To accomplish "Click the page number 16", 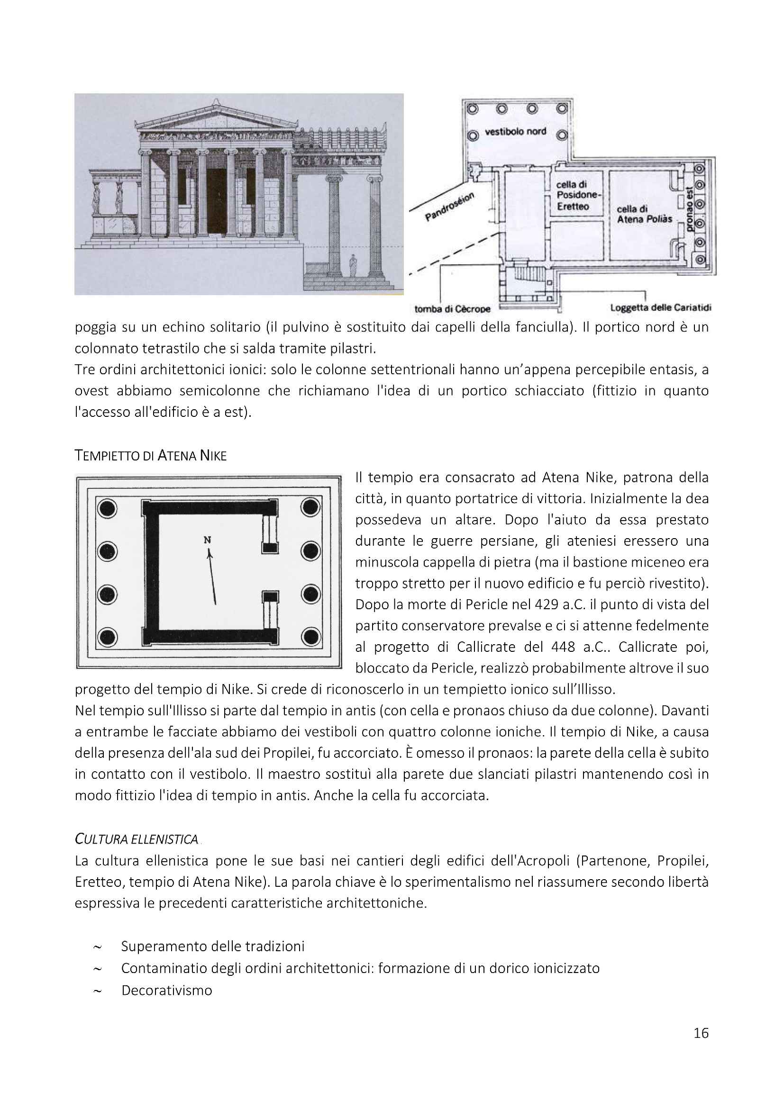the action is pyautogui.click(x=701, y=1033).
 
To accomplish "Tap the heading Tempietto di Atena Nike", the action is pyautogui.click(x=151, y=456).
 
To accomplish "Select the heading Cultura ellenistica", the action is pyautogui.click(x=137, y=839).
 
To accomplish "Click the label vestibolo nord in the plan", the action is pyautogui.click(x=516, y=131).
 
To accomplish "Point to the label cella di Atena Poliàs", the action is pyautogui.click(x=644, y=214).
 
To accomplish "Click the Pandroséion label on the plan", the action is pyautogui.click(x=450, y=207).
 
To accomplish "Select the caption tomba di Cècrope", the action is pyautogui.click(x=452, y=309).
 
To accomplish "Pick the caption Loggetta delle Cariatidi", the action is pyautogui.click(x=660, y=307).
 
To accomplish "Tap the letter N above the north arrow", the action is pyautogui.click(x=207, y=540).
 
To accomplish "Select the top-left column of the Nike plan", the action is pyautogui.click(x=107, y=508).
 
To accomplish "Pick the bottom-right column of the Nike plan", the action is pyautogui.click(x=310, y=637).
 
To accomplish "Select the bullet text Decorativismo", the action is pyautogui.click(x=166, y=990).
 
